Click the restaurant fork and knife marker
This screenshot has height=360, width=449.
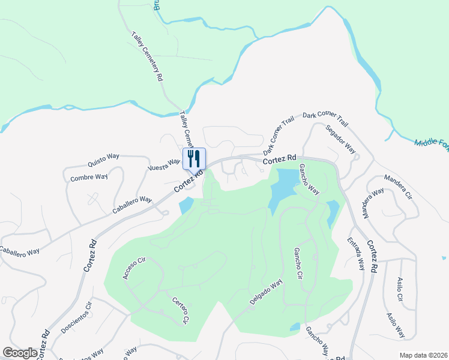pos(194,159)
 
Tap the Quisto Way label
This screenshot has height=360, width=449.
pos(103,159)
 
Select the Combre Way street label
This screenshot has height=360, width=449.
pos(89,178)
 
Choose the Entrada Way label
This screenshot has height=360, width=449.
pos(355,253)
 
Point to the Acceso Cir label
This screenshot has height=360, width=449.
pos(134,268)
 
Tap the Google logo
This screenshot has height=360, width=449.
pos(20,353)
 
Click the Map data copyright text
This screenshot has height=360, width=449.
pos(423,355)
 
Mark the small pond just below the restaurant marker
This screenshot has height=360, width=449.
pos(185,206)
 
